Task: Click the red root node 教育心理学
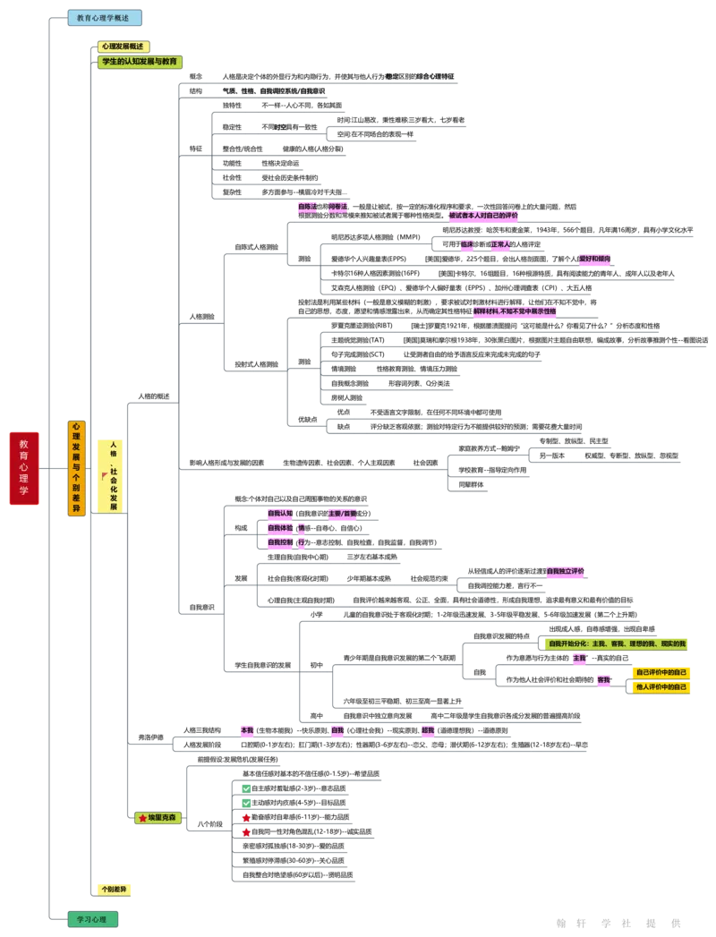click(24, 468)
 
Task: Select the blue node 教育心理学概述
click(105, 18)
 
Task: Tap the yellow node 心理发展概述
click(124, 47)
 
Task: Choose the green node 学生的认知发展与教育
click(141, 62)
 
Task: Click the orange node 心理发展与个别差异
click(76, 468)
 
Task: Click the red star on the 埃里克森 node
click(142, 818)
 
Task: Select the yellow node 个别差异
click(115, 890)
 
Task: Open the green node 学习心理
click(92, 919)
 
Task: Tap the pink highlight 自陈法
click(307, 207)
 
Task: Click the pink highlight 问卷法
click(337, 207)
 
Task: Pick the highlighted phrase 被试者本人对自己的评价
click(483, 216)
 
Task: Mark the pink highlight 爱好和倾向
click(594, 259)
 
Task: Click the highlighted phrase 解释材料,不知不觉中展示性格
click(515, 311)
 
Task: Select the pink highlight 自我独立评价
click(566, 571)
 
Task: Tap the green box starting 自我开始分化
click(619, 643)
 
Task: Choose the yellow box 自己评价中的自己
click(661, 672)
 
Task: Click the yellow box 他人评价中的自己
click(661, 686)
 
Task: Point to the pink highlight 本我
click(246, 730)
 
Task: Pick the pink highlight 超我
click(428, 730)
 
